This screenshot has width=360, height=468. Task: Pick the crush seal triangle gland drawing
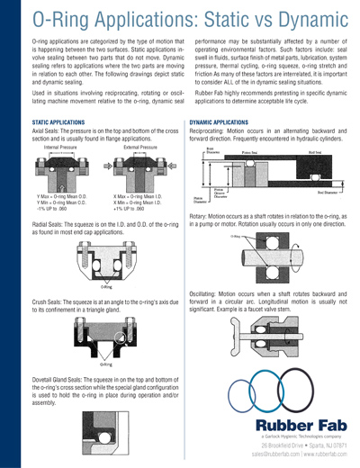click(107, 337)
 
